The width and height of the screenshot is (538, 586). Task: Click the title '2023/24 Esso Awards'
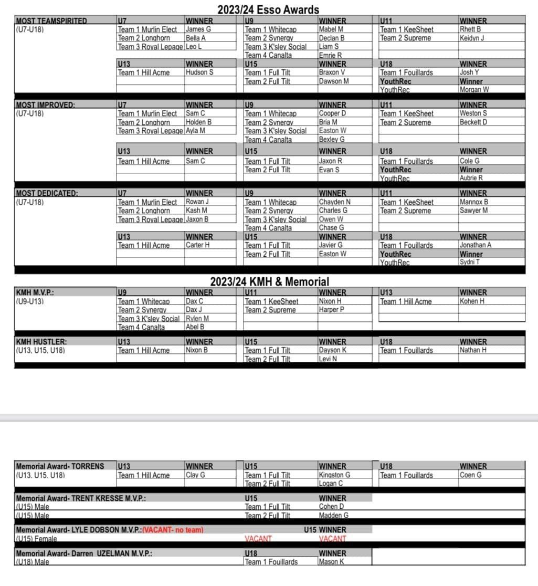pos(268,9)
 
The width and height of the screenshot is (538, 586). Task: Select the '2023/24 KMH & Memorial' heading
pos(270,281)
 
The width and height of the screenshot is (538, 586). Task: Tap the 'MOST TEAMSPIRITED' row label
pos(51,21)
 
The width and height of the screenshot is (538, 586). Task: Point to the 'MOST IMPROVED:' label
pos(45,104)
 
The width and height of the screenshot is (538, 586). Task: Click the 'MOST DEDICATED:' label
pos(47,193)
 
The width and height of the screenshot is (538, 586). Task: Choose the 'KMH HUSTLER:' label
pos(41,342)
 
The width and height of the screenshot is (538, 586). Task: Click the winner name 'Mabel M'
pos(331,29)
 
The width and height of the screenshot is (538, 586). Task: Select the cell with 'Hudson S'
pos(199,72)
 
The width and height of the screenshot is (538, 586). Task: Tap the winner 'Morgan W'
pos(474,90)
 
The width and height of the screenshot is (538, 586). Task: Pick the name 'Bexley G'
pos(332,140)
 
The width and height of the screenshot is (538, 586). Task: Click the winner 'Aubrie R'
pos(471,178)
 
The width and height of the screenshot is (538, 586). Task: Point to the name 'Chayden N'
pos(334,202)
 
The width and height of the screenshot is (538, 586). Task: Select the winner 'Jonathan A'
pos(476,245)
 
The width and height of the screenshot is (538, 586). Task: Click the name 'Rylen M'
pos(197,319)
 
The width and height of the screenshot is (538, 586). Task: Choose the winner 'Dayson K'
pos(333,350)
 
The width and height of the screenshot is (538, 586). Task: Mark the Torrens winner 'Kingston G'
pos(334,475)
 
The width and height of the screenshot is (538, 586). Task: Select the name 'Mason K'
pos(331,562)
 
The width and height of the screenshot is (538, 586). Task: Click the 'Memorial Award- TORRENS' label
pos(60,466)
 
